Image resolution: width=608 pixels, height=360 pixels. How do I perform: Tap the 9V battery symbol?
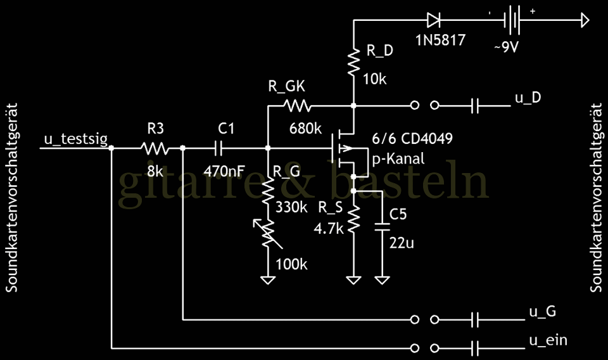[x=512, y=21]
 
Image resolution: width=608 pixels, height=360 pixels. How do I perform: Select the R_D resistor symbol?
[x=354, y=60]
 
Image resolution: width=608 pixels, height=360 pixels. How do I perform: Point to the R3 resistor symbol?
[x=154, y=148]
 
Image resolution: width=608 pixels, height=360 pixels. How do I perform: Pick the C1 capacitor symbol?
[x=219, y=148]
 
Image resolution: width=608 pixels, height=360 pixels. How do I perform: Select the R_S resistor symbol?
[x=354, y=219]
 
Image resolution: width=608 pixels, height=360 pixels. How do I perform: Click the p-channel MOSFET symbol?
[x=347, y=150]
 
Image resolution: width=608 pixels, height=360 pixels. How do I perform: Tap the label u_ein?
[x=547, y=340]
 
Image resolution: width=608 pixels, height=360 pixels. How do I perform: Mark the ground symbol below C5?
[x=382, y=279]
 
